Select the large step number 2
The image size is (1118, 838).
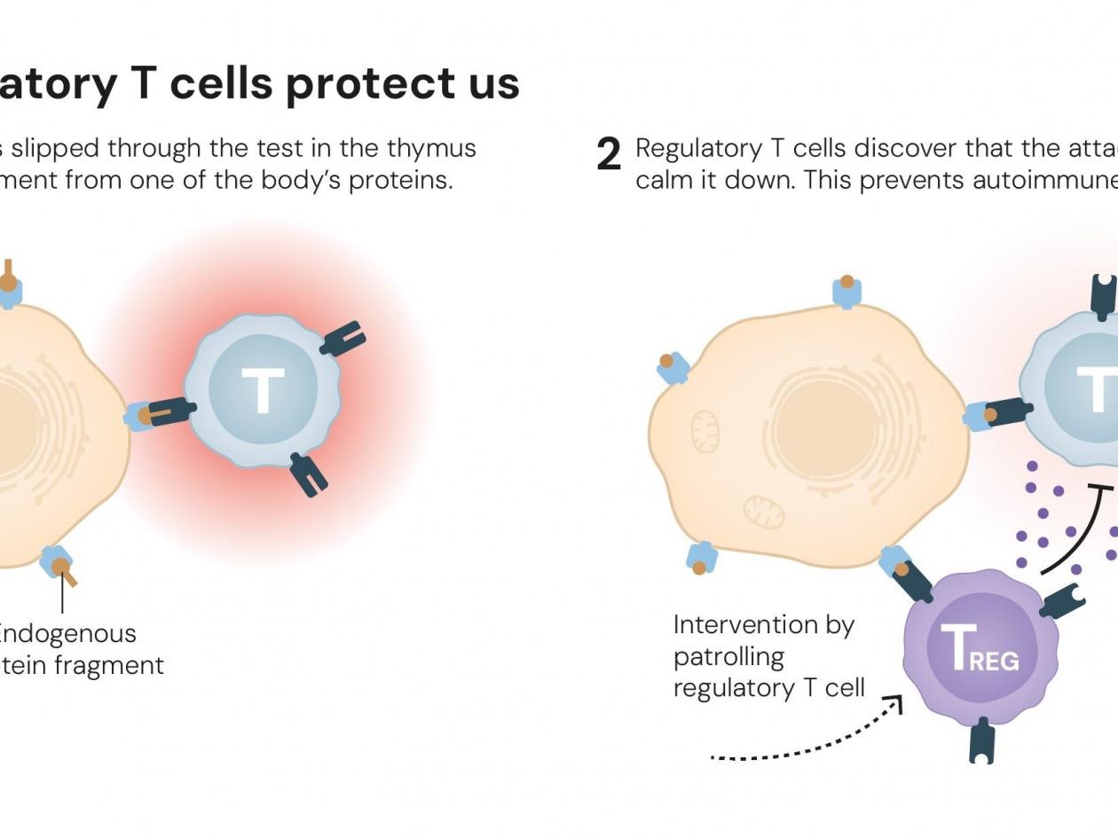click(x=609, y=155)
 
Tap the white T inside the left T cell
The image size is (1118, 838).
click(x=263, y=391)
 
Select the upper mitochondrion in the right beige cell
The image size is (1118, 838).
click(x=705, y=431)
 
